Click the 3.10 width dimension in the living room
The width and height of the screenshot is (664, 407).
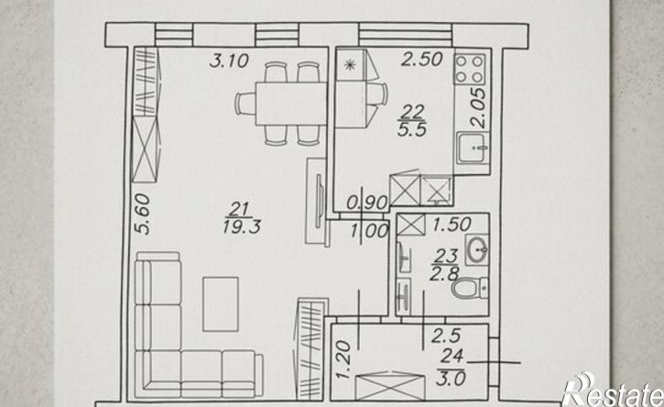(x=229, y=60)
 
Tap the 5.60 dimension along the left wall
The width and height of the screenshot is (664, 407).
(x=144, y=214)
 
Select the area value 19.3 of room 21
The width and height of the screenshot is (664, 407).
(x=242, y=227)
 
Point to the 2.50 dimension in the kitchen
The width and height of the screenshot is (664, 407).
(x=422, y=60)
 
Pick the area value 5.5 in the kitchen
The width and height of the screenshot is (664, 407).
(x=412, y=129)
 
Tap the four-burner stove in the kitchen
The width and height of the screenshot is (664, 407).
(x=470, y=69)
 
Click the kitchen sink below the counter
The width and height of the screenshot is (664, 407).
(x=473, y=147)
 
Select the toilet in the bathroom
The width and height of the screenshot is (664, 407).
(x=471, y=288)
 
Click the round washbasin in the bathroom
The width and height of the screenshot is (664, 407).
(x=477, y=249)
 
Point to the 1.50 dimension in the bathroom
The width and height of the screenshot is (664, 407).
(x=452, y=225)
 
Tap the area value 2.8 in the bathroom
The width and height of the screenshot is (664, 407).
(x=444, y=274)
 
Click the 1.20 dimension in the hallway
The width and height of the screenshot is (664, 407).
(x=343, y=360)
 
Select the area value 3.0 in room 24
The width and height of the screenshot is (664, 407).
(x=451, y=378)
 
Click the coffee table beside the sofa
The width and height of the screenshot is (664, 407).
(x=221, y=304)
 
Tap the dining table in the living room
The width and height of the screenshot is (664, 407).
(x=290, y=104)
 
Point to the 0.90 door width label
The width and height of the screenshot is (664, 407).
(x=366, y=203)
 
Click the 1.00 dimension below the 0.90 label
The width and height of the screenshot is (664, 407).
(x=370, y=232)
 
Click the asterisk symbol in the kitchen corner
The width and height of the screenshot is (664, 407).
(x=350, y=65)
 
